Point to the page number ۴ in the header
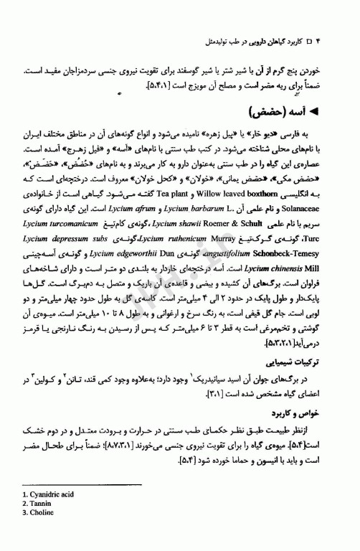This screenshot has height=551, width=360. tap(337, 42)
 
